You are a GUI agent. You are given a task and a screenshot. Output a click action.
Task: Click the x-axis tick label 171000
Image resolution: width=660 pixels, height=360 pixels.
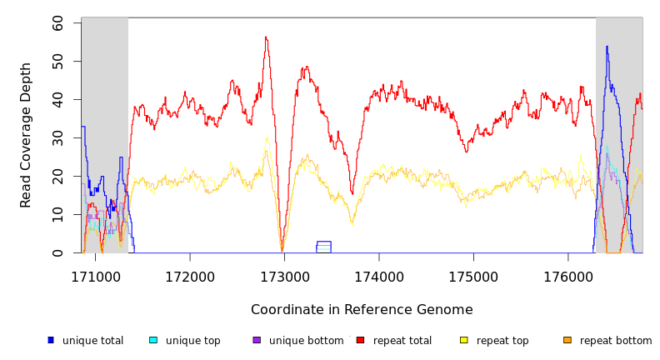click(94, 276)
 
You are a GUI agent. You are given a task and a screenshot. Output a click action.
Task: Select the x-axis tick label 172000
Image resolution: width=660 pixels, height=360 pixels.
click(189, 276)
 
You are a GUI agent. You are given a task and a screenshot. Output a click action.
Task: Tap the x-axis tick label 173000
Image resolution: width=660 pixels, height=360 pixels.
click(284, 276)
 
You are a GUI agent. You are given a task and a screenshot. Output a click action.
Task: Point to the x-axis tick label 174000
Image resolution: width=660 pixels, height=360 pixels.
click(379, 276)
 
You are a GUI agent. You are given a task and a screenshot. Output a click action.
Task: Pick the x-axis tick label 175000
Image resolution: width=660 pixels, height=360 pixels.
click(473, 276)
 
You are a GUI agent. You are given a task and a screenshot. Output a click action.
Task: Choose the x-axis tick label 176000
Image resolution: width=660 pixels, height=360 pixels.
click(568, 276)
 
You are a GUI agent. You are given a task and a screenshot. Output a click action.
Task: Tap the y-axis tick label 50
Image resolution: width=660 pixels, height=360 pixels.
click(57, 62)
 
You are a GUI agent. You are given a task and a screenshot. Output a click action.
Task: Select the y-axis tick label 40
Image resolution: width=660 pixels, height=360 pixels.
click(57, 100)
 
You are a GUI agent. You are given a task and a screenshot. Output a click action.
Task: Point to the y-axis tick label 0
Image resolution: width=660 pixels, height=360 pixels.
click(57, 253)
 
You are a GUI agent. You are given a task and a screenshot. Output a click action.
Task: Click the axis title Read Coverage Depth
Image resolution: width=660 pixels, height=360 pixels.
click(27, 135)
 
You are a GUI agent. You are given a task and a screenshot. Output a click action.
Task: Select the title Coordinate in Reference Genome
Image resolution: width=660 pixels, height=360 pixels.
click(362, 310)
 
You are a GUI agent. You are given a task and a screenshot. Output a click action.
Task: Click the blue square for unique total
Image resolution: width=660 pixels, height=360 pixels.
click(51, 340)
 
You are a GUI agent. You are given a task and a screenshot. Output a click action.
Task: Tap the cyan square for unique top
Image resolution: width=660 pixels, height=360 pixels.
click(153, 340)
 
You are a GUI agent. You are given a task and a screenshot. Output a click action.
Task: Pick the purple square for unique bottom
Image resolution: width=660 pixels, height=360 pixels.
click(257, 340)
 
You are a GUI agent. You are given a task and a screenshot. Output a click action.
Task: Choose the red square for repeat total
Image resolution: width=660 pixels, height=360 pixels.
click(360, 340)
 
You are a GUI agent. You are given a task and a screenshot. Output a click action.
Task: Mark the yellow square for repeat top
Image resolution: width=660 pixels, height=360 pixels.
click(463, 340)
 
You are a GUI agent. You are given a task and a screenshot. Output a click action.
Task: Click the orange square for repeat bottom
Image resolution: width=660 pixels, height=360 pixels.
click(567, 340)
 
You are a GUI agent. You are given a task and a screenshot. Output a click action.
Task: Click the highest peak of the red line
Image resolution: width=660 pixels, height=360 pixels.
click(266, 37)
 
